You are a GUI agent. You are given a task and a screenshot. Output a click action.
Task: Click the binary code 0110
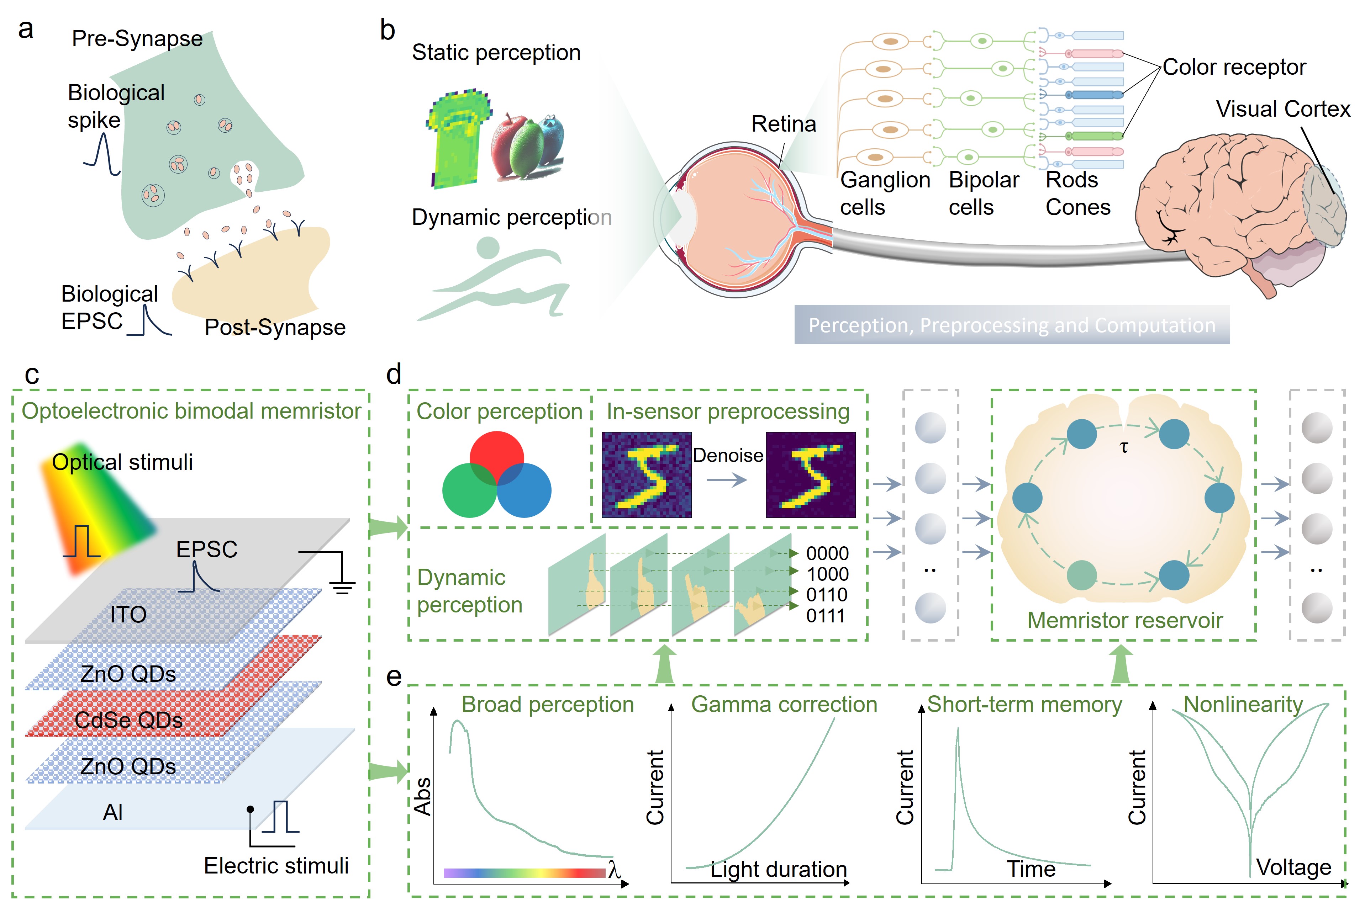(x=827, y=595)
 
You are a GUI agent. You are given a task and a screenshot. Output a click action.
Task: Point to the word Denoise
(x=728, y=456)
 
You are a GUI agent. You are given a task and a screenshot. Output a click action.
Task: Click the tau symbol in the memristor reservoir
(x=1124, y=447)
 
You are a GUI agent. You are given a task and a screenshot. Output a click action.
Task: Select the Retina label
(x=783, y=124)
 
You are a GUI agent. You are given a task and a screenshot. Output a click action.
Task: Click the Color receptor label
(x=1234, y=67)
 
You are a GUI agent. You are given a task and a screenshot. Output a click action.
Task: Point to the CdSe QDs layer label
(x=128, y=720)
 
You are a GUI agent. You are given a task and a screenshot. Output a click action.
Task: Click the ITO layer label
(x=128, y=615)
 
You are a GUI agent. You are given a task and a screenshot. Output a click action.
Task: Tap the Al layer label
(x=112, y=812)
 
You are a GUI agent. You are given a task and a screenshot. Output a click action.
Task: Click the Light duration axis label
(x=778, y=869)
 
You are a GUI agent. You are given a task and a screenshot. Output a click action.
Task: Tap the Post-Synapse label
(x=275, y=327)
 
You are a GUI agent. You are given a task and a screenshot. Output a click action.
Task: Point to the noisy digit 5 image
(x=646, y=474)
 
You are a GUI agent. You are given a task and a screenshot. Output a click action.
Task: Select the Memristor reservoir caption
(x=1124, y=620)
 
